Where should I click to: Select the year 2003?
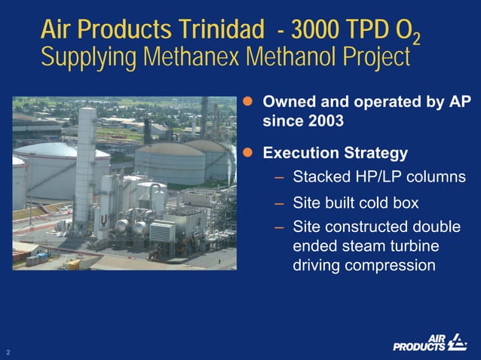(325, 121)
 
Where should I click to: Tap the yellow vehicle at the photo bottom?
(72, 264)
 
